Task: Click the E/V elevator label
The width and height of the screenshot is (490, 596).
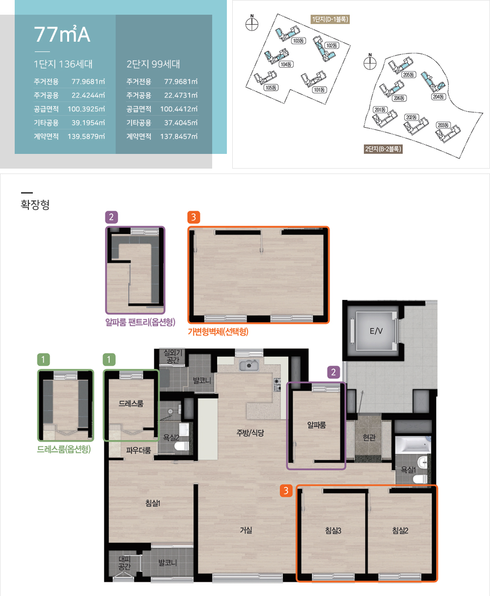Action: (376, 331)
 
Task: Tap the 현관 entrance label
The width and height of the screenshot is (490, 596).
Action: (369, 438)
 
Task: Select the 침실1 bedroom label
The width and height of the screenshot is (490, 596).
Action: (152, 503)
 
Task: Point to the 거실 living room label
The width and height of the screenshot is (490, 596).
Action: (246, 530)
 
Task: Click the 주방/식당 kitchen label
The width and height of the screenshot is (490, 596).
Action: (250, 433)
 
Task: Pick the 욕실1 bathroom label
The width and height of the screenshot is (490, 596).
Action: (408, 470)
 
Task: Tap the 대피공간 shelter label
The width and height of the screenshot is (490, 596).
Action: (124, 563)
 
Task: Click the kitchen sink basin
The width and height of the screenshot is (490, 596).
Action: (248, 366)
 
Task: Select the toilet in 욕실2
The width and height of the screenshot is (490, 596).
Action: (181, 446)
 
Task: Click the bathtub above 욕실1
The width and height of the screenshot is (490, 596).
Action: (413, 445)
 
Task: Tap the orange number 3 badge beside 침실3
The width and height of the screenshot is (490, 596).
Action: (286, 491)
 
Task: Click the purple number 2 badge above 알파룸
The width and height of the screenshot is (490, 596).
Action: (334, 372)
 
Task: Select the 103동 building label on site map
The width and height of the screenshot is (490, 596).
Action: (298, 41)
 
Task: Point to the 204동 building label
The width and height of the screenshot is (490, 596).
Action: (439, 97)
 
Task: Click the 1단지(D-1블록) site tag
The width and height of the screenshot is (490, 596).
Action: (330, 19)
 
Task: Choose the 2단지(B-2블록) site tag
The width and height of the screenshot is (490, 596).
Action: (383, 149)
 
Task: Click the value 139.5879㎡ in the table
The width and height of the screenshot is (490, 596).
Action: (86, 136)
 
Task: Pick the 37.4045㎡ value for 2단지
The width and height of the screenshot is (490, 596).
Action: (181, 123)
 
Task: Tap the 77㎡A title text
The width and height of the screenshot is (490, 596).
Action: (62, 34)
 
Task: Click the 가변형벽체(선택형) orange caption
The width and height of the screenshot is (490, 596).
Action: (218, 331)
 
